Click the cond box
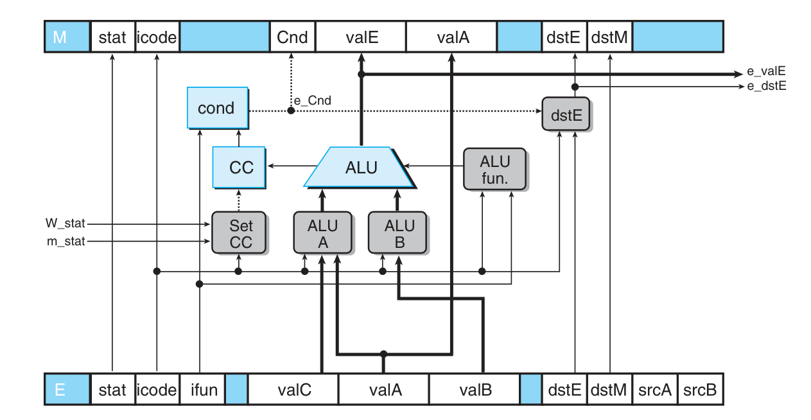click(x=217, y=108)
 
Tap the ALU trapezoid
click(x=361, y=168)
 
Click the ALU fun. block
click(x=494, y=169)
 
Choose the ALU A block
click(x=322, y=234)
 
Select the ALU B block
click(x=399, y=234)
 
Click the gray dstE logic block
click(x=566, y=116)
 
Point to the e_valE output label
click(x=766, y=72)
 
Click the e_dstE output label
click(x=766, y=85)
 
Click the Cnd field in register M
click(x=292, y=37)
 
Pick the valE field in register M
click(x=362, y=37)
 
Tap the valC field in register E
click(x=294, y=390)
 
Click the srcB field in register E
click(x=699, y=390)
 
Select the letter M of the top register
click(x=60, y=37)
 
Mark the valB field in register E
click(x=476, y=390)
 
